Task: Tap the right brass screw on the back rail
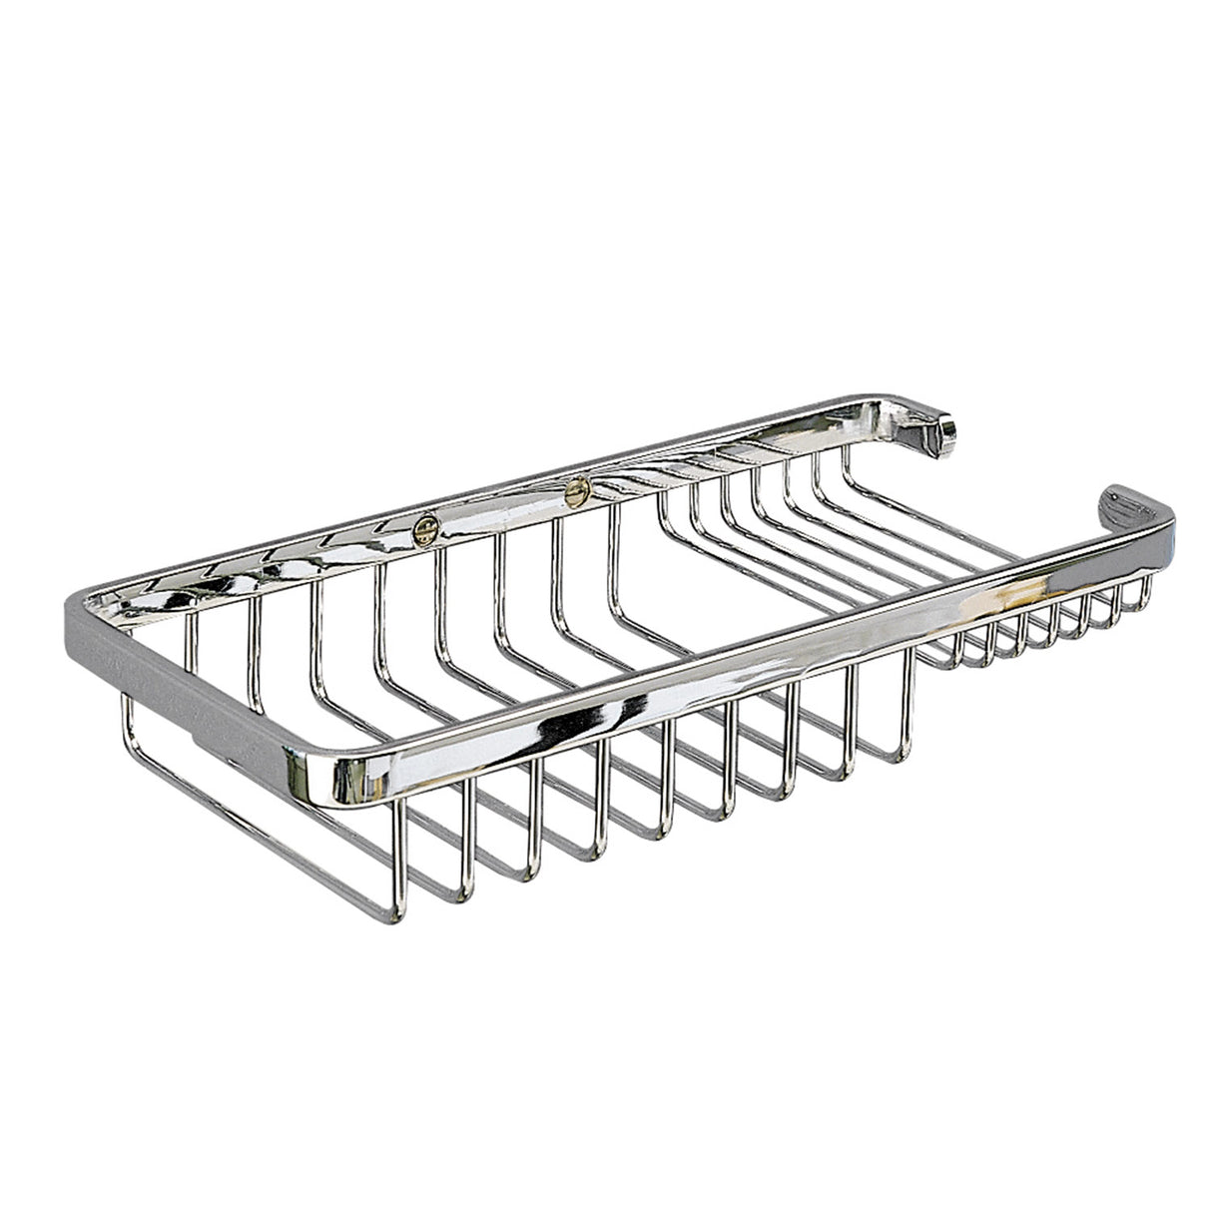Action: tap(575, 488)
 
